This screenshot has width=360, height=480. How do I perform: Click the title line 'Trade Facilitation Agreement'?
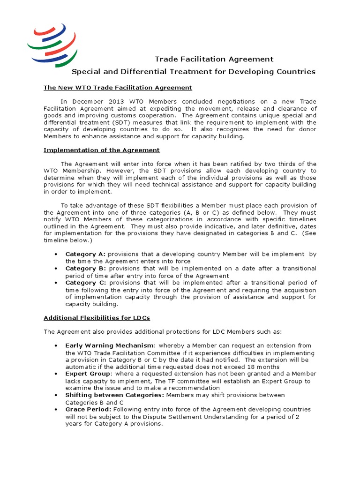click(214, 59)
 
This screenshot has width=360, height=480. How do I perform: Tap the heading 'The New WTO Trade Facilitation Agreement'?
click(118, 88)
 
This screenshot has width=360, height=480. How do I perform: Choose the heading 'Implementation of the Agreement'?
click(102, 150)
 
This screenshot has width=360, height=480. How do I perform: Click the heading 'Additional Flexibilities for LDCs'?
click(97, 318)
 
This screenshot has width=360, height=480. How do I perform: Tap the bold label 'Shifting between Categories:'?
click(115, 395)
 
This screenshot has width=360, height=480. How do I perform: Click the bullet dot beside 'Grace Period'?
click(56, 409)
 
